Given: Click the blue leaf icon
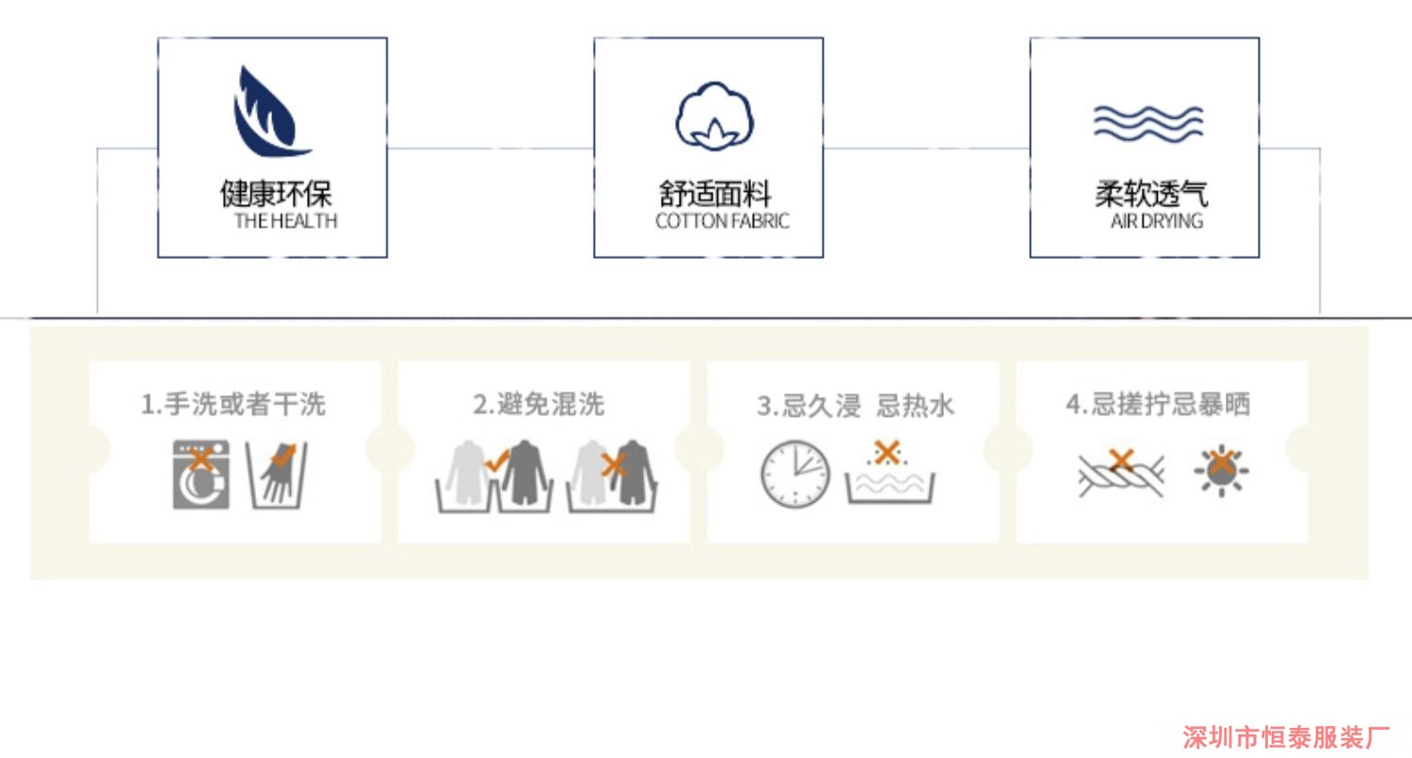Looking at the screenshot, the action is (x=267, y=112).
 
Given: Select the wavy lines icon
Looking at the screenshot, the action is (x=1147, y=122).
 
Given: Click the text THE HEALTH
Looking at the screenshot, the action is (x=285, y=222).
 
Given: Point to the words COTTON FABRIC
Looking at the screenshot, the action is (x=722, y=222).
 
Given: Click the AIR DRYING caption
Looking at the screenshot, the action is (x=1157, y=222).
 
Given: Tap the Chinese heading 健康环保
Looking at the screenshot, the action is (x=276, y=194).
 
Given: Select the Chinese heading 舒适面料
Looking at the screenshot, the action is (x=714, y=194).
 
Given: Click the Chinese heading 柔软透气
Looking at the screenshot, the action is (x=1150, y=194).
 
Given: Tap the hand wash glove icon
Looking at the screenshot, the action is (x=278, y=472).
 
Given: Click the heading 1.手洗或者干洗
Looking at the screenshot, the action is (x=233, y=404).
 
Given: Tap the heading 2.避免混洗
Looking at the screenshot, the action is (x=538, y=404).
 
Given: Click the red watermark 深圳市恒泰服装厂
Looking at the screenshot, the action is (x=1286, y=737).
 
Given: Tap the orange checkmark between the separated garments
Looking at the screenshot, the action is (x=496, y=460).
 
